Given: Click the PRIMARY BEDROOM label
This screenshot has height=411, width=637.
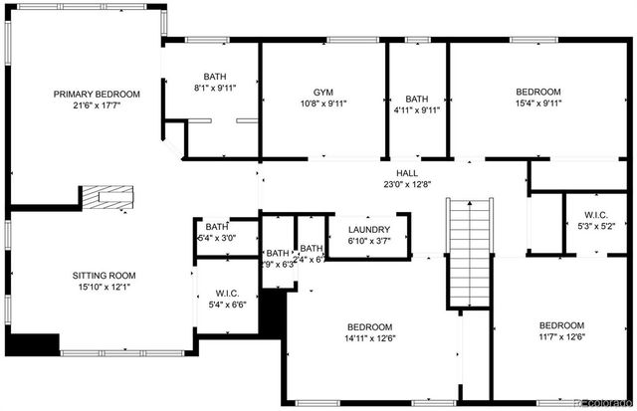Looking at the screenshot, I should tap(97, 95).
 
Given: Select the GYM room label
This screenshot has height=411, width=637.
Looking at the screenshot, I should tap(322, 88).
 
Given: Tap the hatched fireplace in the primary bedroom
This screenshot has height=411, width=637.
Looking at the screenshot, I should tap(106, 197).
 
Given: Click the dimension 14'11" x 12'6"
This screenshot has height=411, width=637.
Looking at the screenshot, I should tap(369, 339).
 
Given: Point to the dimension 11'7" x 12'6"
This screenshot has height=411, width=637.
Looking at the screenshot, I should tap(562, 338).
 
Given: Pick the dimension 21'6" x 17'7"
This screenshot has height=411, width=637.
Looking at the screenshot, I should tap(97, 107).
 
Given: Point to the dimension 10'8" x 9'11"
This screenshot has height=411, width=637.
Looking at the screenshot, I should tap(322, 101).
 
